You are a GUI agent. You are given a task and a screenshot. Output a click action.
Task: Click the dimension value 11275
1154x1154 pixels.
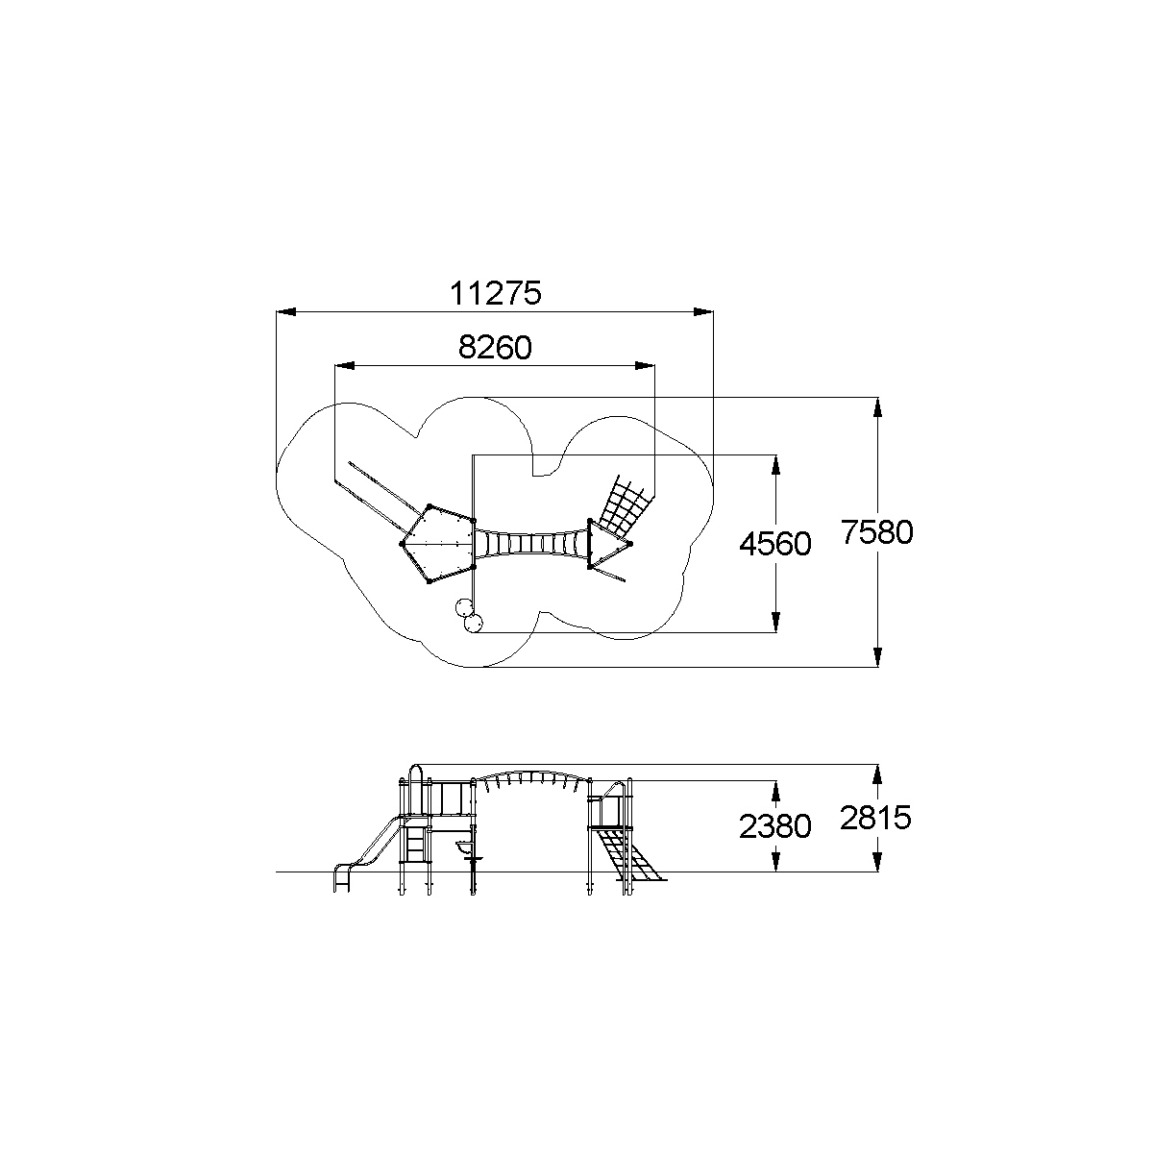point(495,293)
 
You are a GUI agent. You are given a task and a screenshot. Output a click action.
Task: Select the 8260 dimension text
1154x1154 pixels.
point(495,347)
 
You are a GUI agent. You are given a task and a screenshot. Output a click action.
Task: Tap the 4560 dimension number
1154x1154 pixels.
point(774,544)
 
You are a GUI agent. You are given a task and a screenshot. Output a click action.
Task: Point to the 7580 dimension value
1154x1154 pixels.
point(876,531)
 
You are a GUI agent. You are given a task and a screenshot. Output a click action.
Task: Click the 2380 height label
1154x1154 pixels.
point(774,826)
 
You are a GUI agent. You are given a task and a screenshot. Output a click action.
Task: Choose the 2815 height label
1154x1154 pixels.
point(875,818)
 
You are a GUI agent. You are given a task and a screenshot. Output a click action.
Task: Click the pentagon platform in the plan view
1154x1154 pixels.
point(438,544)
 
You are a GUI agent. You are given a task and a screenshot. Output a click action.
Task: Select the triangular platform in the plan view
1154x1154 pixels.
point(609,544)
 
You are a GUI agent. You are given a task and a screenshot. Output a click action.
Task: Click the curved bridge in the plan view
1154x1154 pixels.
point(531,544)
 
